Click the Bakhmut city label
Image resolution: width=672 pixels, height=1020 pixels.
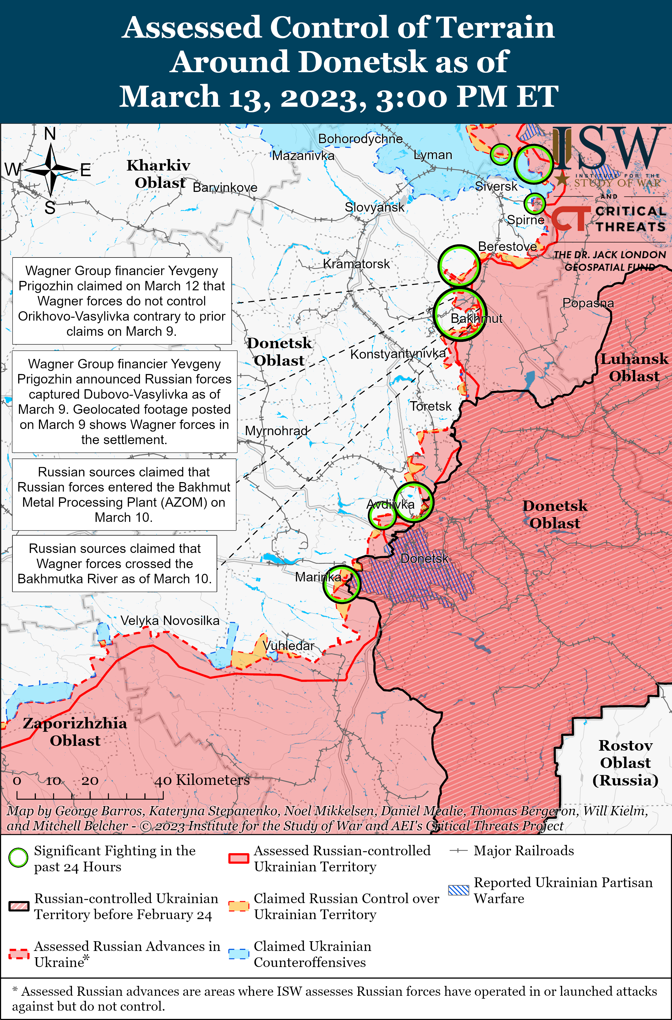tap(476, 318)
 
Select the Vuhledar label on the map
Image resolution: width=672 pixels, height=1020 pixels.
tap(288, 645)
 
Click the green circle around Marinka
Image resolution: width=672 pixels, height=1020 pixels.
tap(342, 584)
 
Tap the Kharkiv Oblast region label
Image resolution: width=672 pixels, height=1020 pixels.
tap(159, 174)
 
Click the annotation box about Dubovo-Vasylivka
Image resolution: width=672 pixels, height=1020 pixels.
tap(124, 402)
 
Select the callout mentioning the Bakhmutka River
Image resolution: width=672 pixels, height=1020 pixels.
tap(114, 563)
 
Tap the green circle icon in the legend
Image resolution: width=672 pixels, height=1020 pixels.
tap(18, 858)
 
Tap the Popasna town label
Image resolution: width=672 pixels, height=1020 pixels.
tap(588, 303)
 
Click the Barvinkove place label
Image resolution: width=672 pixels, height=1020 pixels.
tap(225, 187)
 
